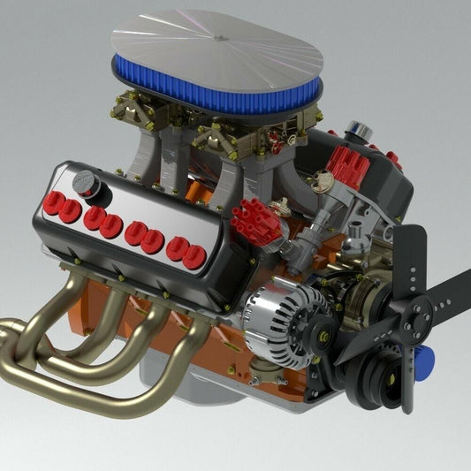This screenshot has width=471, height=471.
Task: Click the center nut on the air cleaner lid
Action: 217,37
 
